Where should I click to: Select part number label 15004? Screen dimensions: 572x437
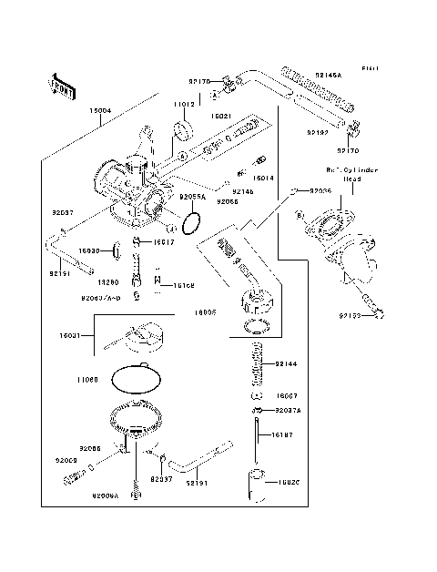100,111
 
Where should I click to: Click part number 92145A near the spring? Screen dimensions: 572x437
330,74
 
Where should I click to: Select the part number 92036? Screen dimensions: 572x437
320,191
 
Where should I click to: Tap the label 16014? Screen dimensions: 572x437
264,179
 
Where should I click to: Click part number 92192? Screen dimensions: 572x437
317,133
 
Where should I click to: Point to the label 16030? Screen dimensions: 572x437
88,249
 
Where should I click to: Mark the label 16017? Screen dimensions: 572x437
164,242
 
